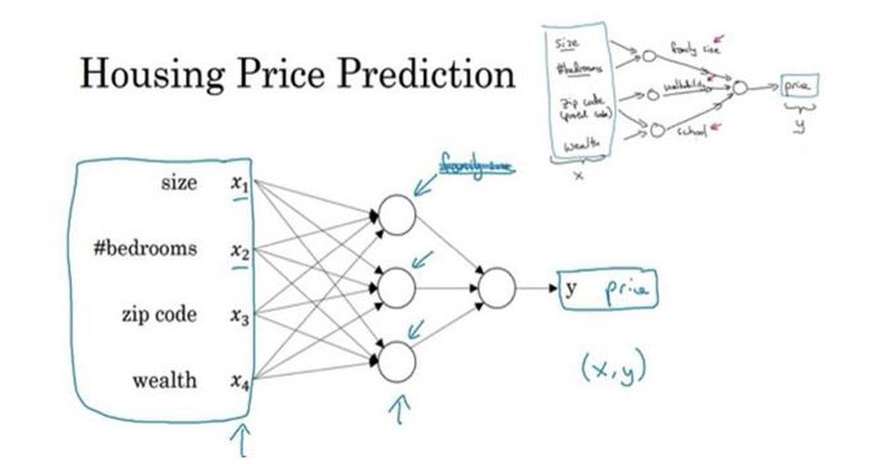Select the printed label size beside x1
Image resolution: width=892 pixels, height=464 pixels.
pos(179,183)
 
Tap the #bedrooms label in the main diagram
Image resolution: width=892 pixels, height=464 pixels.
pos(147,249)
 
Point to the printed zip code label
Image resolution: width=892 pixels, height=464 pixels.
pos(160,315)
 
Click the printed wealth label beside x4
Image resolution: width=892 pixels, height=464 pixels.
pos(164,380)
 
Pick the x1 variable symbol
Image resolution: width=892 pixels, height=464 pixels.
pos(239,184)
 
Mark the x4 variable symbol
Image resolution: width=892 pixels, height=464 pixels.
pos(239,380)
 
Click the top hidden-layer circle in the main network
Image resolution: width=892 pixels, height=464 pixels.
pos(397,215)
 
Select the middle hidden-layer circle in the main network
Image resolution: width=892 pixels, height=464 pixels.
pos(397,288)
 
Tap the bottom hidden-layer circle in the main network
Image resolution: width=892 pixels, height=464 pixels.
pos(397,359)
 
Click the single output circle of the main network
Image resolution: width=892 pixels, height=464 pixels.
pos(496,288)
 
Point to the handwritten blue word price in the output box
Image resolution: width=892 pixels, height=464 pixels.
pos(628,290)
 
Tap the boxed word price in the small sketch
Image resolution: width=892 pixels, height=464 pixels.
pos(798,85)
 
